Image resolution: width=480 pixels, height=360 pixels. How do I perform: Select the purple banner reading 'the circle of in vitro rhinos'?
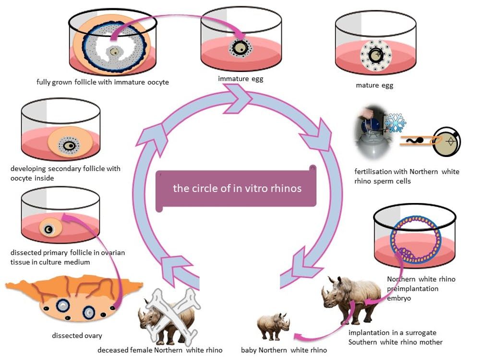pyautogui.click(x=237, y=188)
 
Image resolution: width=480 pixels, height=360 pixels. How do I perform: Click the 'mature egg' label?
pyautogui.click(x=374, y=85)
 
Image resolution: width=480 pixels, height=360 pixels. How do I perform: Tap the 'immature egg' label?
pyautogui.click(x=240, y=79)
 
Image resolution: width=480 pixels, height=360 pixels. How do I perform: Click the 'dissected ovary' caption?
pyautogui.click(x=77, y=336)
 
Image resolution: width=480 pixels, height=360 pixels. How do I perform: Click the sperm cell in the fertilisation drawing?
pyautogui.click(x=415, y=140)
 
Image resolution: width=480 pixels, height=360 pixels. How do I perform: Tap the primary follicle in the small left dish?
pyautogui.click(x=48, y=229)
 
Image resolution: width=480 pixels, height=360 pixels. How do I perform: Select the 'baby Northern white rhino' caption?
pyautogui.click(x=284, y=350)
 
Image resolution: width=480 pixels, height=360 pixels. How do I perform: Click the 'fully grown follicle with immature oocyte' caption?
pyautogui.click(x=102, y=82)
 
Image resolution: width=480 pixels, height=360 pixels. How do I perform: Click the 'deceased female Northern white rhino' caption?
pyautogui.click(x=160, y=350)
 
